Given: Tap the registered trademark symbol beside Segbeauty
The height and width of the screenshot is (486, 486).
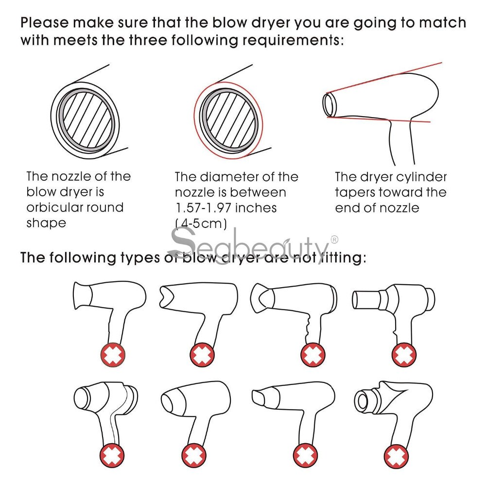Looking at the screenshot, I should pos(334,239).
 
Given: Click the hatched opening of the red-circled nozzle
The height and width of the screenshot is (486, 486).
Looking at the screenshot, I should pos(229,119).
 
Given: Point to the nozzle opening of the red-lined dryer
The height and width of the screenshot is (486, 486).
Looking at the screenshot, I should pos(330,103).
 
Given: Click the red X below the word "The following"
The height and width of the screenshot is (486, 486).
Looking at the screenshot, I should pos(112,355).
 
